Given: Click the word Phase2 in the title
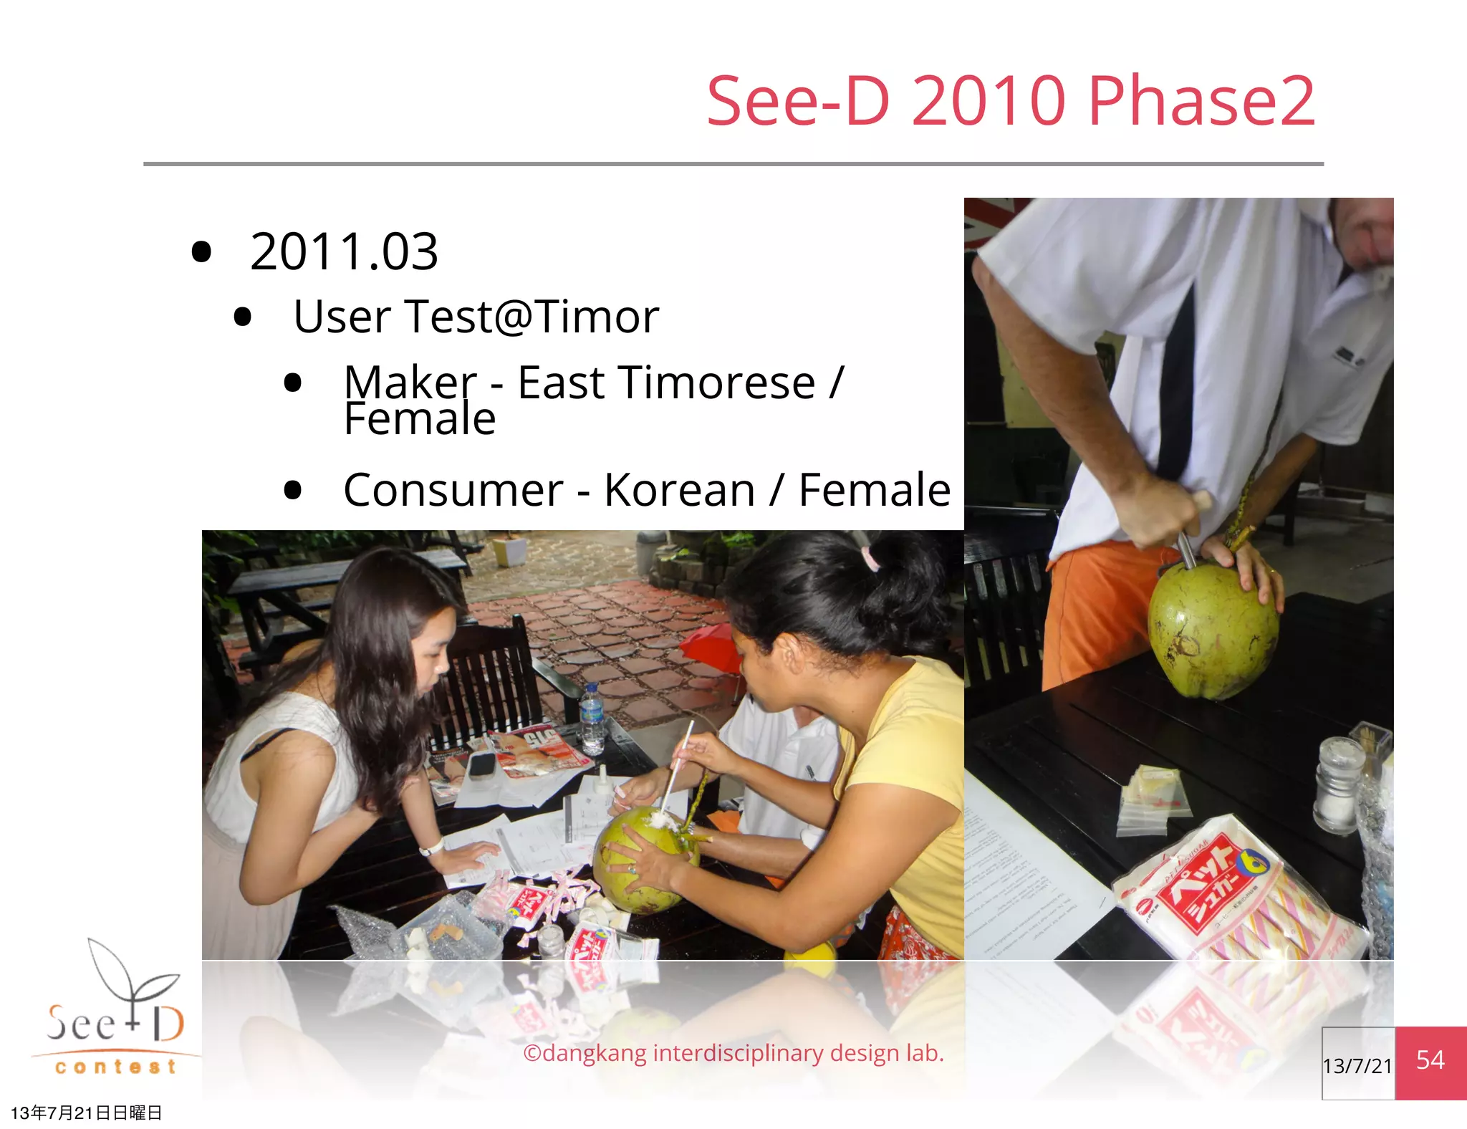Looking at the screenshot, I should [1201, 102].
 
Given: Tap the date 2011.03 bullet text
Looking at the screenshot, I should [344, 252].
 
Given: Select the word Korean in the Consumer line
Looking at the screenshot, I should [679, 491].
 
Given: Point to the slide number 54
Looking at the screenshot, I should [1430, 1060].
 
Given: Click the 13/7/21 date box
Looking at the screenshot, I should [1357, 1065].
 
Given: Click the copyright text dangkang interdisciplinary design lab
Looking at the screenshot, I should [733, 1053].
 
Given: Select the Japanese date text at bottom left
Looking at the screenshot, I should [86, 1113].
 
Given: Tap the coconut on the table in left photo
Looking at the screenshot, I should [638, 860].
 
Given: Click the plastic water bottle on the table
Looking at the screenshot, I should [592, 716].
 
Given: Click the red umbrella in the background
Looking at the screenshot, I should [709, 648].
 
